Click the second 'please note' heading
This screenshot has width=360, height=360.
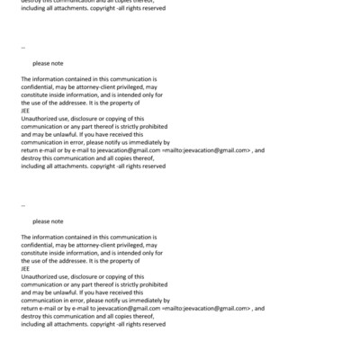click(x=48, y=220)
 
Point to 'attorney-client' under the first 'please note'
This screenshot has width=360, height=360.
click(x=91, y=87)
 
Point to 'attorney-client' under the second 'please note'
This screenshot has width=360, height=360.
click(x=91, y=244)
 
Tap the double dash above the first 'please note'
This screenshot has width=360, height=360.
click(x=22, y=49)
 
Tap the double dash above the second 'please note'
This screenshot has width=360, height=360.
click(x=22, y=205)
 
